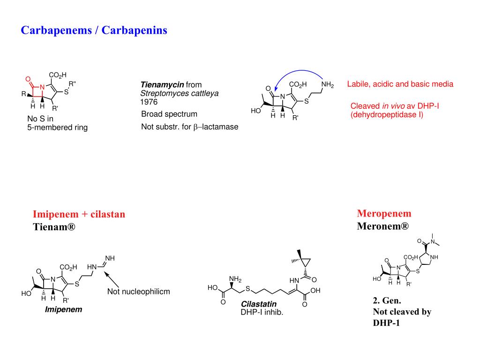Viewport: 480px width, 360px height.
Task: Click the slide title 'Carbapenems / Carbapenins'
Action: (x=94, y=30)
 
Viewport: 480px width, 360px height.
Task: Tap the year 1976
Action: (x=149, y=102)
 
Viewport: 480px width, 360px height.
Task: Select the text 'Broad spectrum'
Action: (x=169, y=114)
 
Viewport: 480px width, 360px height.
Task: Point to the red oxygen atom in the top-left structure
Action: (x=28, y=79)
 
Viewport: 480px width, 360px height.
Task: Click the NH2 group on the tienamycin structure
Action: (x=328, y=85)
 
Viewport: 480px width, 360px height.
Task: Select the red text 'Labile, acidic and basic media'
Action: (x=400, y=84)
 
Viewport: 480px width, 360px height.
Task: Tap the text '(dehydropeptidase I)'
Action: (x=386, y=114)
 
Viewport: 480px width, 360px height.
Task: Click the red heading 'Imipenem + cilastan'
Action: (x=79, y=214)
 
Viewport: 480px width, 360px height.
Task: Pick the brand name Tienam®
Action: (x=54, y=227)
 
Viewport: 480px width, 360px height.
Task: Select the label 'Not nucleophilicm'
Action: (x=138, y=292)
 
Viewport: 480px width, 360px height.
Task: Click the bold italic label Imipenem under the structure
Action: (x=63, y=309)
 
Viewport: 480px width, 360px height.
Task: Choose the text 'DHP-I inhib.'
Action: (x=262, y=312)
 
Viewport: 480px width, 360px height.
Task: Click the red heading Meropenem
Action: (x=384, y=214)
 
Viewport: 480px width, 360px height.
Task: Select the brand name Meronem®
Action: (x=382, y=226)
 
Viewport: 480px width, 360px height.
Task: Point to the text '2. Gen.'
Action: (x=387, y=300)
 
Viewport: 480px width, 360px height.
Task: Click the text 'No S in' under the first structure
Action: (x=40, y=119)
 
